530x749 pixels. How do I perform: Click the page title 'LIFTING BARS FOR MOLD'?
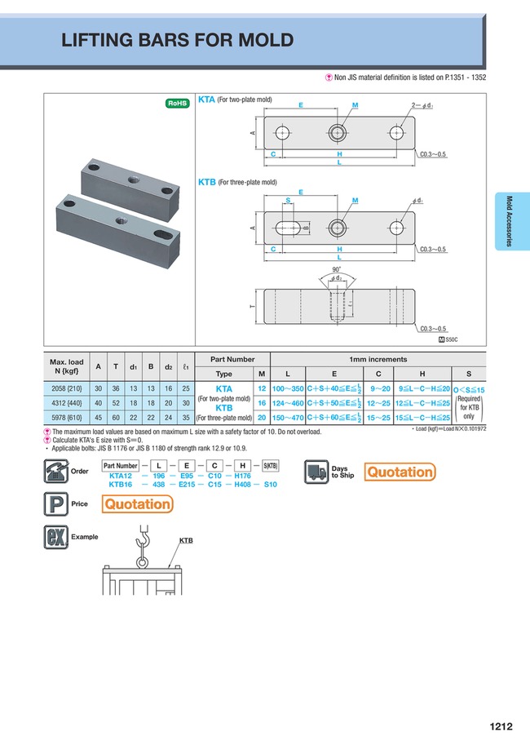(178, 41)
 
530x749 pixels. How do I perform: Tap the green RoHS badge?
(177, 103)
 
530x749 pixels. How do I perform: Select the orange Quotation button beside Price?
(138, 504)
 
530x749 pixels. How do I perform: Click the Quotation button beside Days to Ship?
(399, 472)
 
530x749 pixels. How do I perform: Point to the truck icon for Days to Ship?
(316, 472)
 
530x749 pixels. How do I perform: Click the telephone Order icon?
(55, 472)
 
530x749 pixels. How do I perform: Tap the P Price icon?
(55, 504)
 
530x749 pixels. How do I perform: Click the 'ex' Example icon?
(55, 538)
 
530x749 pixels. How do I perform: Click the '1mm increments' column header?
(378, 359)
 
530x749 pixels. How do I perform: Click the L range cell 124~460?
(287, 403)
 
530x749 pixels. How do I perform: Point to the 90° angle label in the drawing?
(338, 268)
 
